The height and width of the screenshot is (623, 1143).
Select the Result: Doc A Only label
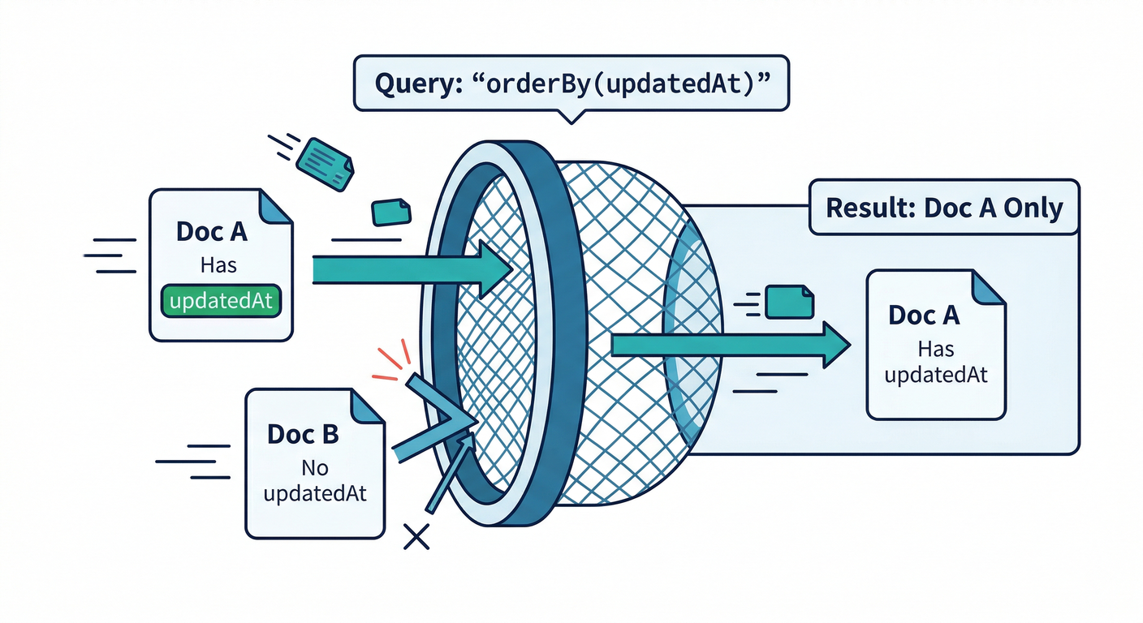point(944,208)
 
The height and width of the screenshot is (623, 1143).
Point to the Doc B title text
point(303,434)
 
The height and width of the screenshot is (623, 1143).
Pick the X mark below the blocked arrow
point(416,535)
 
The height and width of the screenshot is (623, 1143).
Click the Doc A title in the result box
point(924,315)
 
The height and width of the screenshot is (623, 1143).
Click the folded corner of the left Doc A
point(275,206)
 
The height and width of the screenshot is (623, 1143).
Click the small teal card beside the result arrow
point(790,300)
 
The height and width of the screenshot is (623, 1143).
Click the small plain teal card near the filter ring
point(391,212)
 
